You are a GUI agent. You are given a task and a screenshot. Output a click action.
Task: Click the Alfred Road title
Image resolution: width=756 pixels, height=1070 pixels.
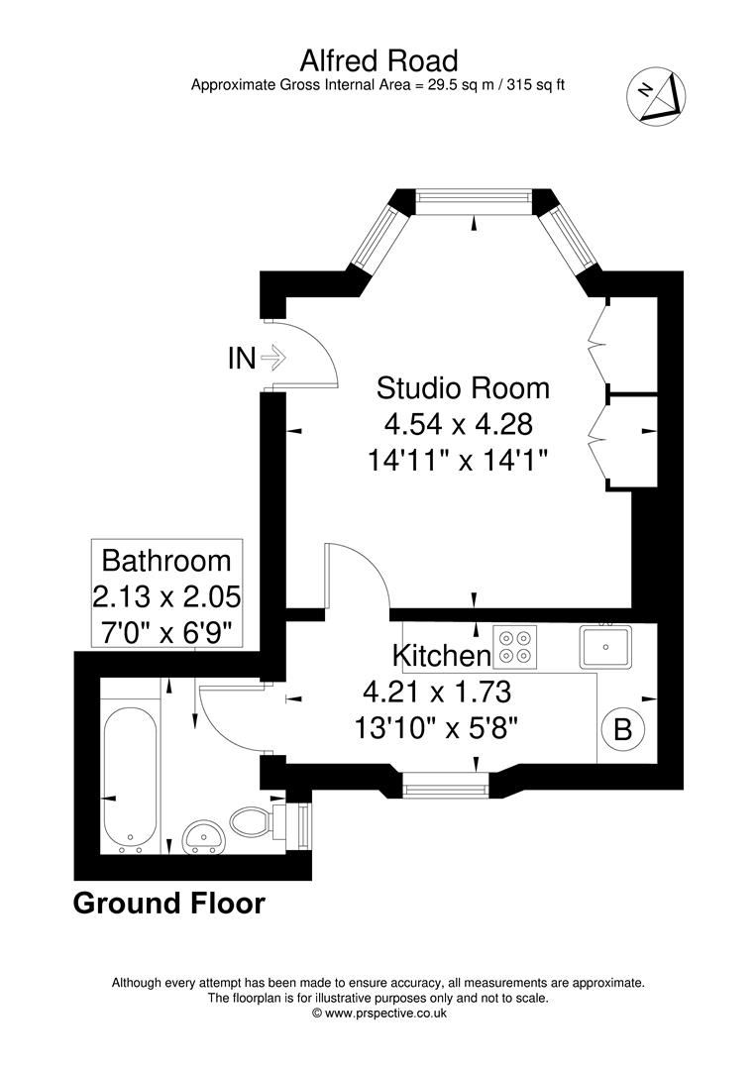378,61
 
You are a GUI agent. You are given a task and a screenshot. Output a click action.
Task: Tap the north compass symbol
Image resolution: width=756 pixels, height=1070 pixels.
656,95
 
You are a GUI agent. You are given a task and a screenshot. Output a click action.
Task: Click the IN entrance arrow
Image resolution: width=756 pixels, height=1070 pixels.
272,357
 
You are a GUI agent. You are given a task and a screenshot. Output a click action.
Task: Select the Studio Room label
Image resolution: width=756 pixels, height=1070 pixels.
463,387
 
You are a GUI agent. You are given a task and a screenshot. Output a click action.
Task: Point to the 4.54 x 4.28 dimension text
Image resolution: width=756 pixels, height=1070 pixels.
458,424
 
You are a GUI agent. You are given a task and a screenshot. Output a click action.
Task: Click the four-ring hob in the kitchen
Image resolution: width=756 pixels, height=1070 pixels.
515,646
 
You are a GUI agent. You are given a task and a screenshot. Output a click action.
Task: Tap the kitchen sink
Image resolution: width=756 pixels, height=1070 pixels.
605,646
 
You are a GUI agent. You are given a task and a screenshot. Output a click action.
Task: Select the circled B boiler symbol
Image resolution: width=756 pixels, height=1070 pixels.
622,729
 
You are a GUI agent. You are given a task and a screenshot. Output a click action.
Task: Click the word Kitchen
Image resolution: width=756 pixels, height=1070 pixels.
442,656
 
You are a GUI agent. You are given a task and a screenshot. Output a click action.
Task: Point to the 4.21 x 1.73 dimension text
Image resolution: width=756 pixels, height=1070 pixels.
437,693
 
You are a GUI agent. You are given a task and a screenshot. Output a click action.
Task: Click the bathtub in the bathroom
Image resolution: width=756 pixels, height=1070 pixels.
131,781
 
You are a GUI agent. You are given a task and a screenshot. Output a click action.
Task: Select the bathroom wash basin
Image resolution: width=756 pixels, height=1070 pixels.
204,836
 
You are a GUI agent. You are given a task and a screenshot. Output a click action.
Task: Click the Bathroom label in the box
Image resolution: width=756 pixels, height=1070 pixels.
166,560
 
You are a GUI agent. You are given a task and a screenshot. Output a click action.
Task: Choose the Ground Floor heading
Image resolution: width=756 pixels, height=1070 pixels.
168,903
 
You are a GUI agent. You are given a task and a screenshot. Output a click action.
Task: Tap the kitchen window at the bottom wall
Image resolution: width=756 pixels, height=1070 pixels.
446,790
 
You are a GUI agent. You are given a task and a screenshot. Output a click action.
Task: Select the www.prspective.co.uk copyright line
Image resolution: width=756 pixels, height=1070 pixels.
378,1014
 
